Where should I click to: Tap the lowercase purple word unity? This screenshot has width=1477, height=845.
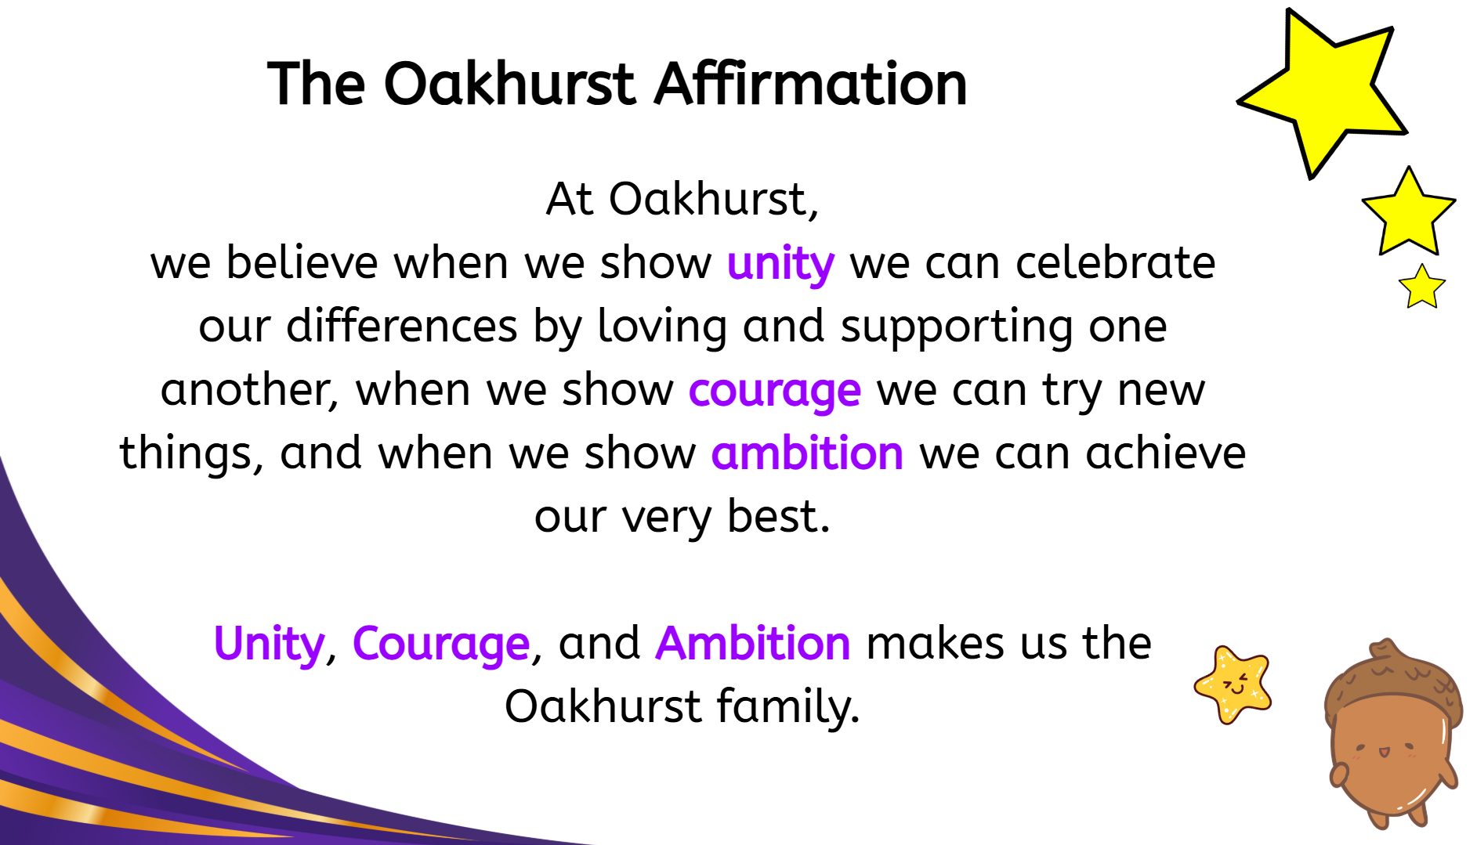780,264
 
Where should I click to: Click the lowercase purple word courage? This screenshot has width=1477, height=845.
775,391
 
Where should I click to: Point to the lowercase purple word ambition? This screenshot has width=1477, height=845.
807,453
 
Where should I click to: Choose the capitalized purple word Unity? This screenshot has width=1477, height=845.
269,645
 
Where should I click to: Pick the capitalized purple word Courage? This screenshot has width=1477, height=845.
441,645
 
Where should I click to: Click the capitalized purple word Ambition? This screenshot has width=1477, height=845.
753,643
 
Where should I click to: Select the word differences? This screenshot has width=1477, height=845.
402,326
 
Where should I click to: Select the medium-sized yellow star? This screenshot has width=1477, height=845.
1409,213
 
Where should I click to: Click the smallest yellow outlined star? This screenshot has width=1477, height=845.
1421,287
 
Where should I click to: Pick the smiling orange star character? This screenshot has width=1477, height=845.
1233,684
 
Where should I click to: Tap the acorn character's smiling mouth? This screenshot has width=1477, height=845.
1384,752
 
